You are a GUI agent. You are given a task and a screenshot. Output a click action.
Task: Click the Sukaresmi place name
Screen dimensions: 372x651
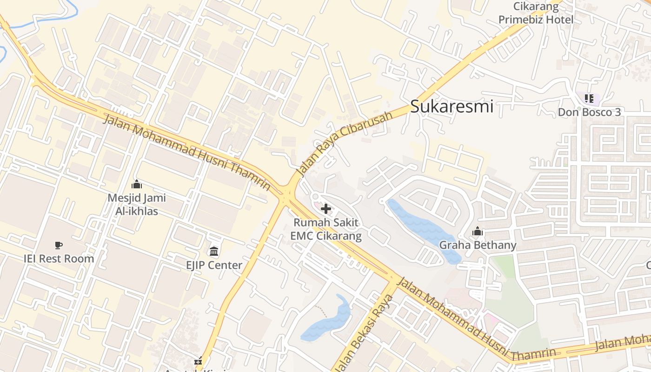(x=452, y=107)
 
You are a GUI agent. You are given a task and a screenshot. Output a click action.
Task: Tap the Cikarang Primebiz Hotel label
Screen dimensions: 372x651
(x=536, y=13)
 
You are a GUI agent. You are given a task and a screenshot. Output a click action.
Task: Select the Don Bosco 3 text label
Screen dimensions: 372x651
(x=589, y=112)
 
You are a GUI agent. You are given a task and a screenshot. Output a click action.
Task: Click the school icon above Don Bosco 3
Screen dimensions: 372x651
(x=589, y=98)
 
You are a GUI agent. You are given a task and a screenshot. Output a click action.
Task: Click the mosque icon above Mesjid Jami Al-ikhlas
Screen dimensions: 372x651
(x=136, y=185)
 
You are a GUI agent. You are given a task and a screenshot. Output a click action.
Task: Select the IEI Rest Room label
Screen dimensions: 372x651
(x=59, y=259)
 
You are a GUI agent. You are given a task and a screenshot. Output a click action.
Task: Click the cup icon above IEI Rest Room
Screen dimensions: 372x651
(x=59, y=245)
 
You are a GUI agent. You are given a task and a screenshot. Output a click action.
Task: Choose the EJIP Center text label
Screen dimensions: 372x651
(x=214, y=265)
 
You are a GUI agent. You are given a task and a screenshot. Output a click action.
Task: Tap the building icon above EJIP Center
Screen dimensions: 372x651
(x=214, y=252)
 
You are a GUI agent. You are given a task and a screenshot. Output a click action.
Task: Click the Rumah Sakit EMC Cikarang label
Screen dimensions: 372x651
(x=325, y=229)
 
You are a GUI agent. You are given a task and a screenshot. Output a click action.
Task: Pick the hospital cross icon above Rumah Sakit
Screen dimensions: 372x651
(x=326, y=209)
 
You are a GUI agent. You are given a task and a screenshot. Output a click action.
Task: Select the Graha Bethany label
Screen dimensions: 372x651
(x=478, y=245)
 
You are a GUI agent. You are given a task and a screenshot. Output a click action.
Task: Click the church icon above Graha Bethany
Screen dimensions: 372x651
(x=478, y=231)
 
